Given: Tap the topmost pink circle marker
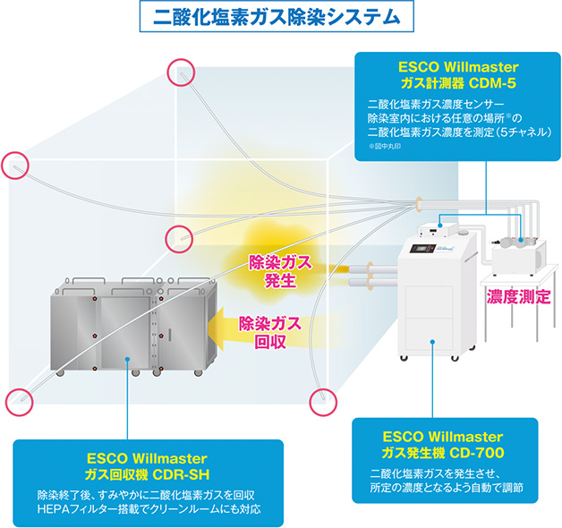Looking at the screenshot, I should click(181, 71).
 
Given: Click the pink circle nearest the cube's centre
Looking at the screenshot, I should click(179, 237).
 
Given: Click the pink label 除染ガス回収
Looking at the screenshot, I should click(266, 333).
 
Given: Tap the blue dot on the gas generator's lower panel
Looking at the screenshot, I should click(433, 341).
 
